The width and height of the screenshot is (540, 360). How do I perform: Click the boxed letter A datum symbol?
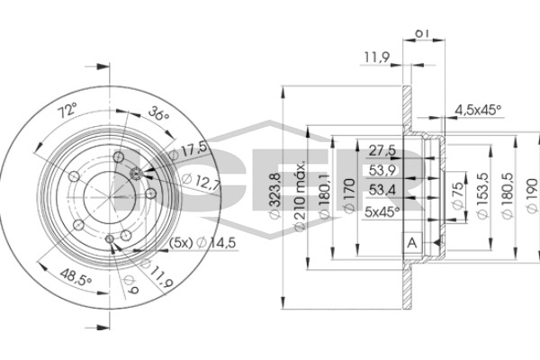tap(412, 243)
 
